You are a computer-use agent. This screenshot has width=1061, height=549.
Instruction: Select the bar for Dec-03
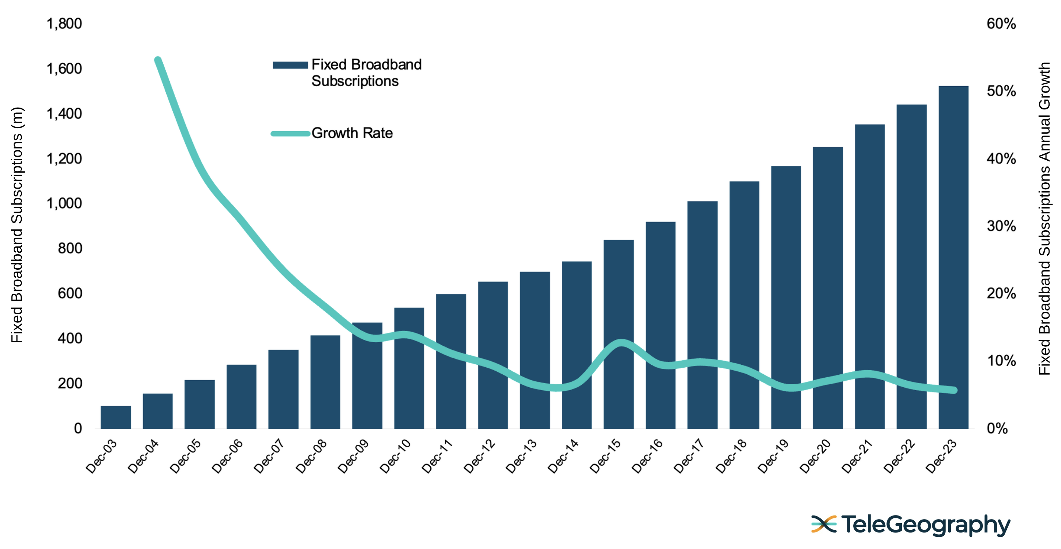point(116,417)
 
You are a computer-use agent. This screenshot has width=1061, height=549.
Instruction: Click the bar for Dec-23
point(953,258)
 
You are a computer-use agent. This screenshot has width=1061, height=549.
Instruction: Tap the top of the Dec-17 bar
point(702,202)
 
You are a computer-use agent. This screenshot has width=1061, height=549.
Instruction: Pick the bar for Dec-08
point(325,382)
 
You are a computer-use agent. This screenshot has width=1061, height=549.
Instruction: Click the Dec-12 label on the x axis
point(479,456)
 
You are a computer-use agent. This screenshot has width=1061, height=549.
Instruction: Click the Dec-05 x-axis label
point(185,456)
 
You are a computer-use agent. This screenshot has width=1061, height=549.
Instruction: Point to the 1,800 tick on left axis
point(64,24)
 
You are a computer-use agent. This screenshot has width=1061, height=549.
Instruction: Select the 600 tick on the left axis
point(70,294)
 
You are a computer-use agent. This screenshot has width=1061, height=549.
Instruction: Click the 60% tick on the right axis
point(1001,24)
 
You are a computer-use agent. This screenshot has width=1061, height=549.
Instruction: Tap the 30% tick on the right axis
point(1001,226)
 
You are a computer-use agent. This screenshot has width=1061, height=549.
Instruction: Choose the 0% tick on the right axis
point(997,429)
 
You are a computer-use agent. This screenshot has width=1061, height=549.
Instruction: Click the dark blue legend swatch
point(290,65)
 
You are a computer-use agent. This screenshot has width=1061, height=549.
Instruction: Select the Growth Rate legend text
point(352,133)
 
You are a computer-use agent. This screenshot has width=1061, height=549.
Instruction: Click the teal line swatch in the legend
point(290,133)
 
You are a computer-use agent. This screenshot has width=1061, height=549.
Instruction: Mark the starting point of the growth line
point(158,60)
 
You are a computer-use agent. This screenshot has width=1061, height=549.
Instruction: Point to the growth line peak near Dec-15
point(621,342)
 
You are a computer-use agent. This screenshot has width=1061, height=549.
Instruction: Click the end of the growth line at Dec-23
point(954,390)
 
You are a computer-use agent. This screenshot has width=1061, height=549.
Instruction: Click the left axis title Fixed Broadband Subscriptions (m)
point(17,225)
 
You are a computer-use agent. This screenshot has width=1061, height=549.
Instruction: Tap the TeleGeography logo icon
point(823,524)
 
